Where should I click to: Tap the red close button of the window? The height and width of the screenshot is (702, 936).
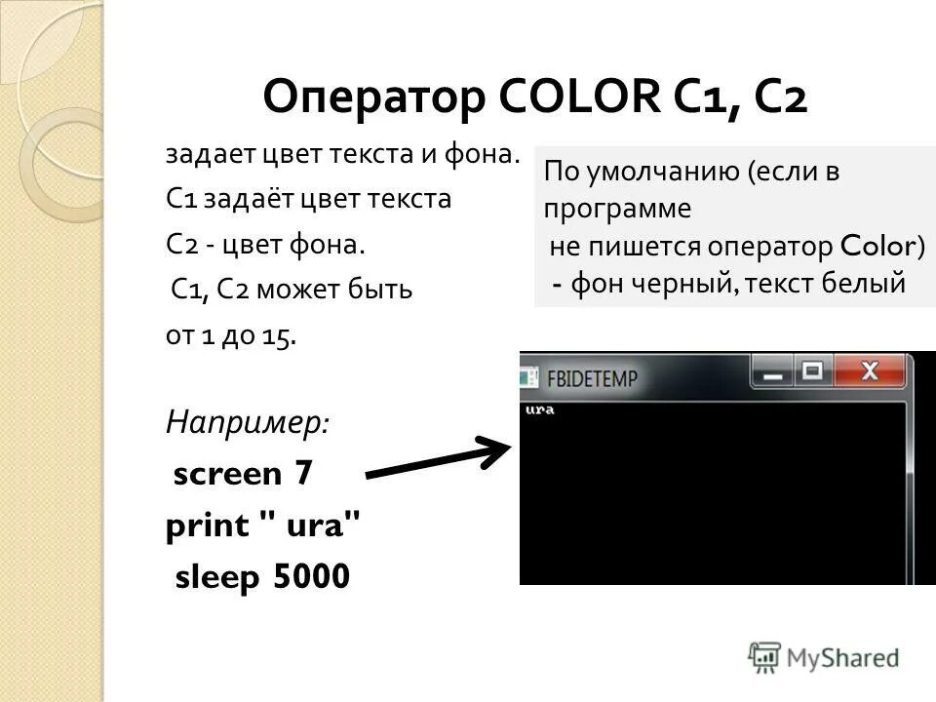pos(871,371)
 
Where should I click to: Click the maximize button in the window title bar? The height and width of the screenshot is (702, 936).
pos(812,371)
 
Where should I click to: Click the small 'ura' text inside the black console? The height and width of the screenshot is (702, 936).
pos(539,409)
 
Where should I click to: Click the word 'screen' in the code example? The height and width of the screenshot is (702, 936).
pos(227,475)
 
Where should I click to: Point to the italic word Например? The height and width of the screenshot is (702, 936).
pos(248,423)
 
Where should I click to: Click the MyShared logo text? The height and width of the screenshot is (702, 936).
pos(842,657)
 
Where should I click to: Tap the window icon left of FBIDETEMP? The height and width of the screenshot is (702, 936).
pos(530,375)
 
